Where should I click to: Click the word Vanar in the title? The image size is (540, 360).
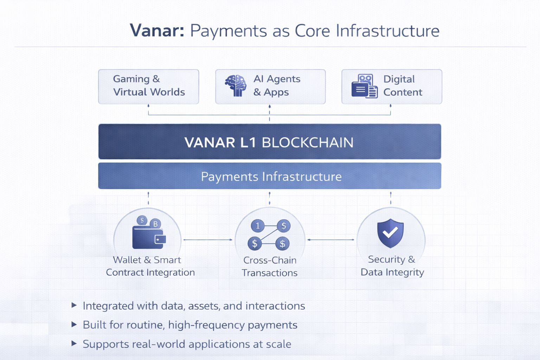coord(157,31)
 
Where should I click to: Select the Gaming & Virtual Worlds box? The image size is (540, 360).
coord(148,86)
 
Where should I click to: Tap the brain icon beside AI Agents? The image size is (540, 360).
coord(236,85)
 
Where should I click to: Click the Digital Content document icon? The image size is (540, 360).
coord(365,86)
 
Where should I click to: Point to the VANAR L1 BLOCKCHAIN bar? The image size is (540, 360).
coord(269,142)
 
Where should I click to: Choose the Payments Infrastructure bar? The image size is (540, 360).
coord(269,176)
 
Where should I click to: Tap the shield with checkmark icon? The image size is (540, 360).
coord(390,233)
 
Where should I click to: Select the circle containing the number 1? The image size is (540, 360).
coord(258,226)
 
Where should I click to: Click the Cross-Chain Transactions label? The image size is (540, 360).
coord(270,266)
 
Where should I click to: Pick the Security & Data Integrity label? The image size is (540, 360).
coord(392,265)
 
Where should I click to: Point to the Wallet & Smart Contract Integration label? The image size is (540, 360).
coord(150,266)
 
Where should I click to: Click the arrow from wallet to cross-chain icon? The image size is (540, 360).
coord(208,240)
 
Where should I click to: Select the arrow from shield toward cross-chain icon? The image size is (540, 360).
coord(330,240)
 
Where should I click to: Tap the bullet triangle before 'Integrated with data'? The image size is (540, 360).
coord(74,305)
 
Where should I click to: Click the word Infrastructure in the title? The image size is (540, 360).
coord(387,31)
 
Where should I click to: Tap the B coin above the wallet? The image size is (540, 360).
coord(155,224)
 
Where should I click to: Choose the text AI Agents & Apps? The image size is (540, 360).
coord(277,85)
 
